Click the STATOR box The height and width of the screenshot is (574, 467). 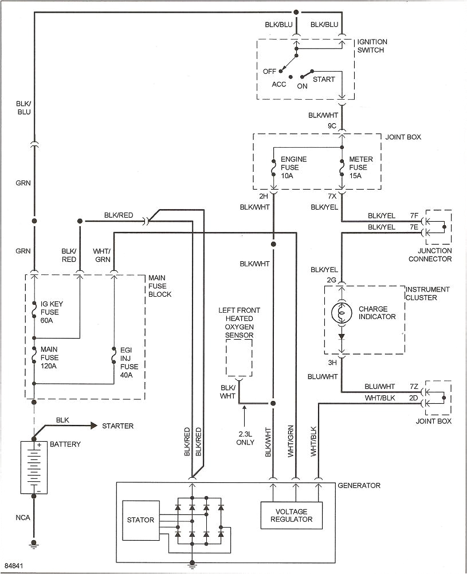(140, 520)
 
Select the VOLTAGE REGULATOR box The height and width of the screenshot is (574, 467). (291, 516)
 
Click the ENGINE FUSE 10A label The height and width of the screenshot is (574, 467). (293, 167)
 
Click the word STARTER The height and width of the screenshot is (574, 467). (117, 426)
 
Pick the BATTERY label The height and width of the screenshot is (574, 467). (66, 445)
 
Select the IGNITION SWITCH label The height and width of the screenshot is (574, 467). (372, 46)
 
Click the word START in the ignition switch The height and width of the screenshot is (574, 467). (324, 79)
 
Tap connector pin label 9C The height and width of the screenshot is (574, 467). (332, 125)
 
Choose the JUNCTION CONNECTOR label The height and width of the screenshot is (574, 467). (430, 255)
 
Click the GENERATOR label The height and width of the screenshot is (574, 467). (359, 486)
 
